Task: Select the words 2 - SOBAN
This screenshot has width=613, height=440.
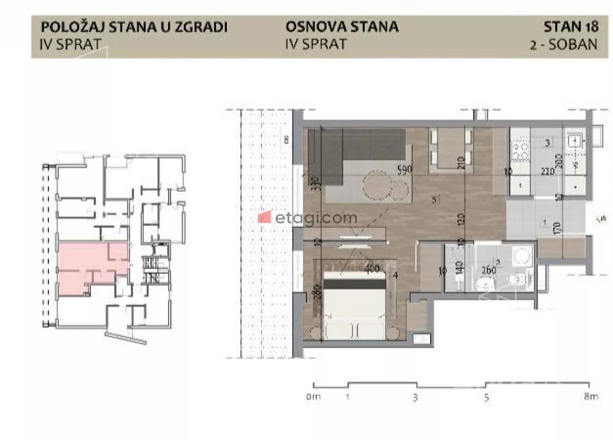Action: click(564, 43)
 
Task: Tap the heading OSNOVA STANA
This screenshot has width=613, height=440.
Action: click(342, 27)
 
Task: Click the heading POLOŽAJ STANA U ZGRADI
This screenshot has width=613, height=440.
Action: click(133, 27)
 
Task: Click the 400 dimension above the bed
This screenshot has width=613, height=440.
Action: click(372, 267)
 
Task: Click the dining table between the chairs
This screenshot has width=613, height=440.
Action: click(451, 148)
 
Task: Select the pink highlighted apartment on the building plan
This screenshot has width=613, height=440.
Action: click(92, 266)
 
